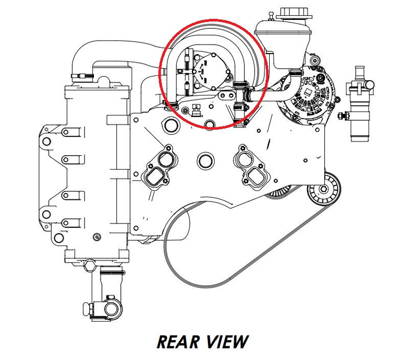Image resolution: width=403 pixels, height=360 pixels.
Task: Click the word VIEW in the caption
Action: [x=226, y=342]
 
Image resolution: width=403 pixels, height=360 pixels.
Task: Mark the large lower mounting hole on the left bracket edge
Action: [x=46, y=214]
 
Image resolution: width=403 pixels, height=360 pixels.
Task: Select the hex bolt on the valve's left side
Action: [x=343, y=115]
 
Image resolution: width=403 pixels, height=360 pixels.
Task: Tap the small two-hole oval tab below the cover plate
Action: [x=227, y=96]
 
